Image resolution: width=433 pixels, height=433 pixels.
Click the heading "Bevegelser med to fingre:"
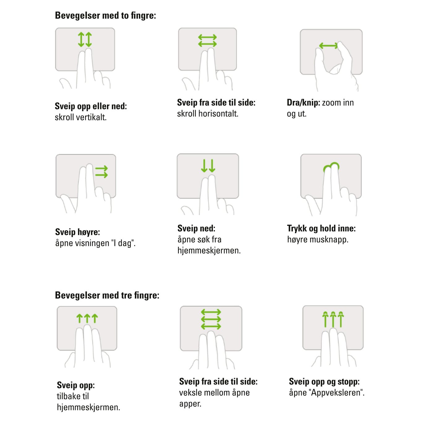(105, 16)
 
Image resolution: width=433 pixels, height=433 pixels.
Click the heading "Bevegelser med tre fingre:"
(107, 295)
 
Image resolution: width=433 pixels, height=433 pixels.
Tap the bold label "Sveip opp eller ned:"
(91, 106)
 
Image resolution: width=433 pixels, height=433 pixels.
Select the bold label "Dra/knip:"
(303, 103)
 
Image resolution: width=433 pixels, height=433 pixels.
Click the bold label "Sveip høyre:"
(78, 232)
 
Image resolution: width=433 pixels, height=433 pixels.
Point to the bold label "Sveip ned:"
(196, 228)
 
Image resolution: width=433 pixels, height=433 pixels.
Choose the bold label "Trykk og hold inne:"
(321, 228)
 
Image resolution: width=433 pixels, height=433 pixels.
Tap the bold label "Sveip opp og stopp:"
(324, 382)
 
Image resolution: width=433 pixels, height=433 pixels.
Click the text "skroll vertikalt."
(81, 117)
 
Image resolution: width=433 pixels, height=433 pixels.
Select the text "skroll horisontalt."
(208, 114)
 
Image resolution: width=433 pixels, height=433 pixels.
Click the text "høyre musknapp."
(318, 239)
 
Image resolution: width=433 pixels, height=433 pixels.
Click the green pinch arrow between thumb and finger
(328, 46)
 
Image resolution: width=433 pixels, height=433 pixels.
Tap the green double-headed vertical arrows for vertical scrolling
(85, 40)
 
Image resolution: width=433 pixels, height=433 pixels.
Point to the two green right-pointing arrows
(101, 172)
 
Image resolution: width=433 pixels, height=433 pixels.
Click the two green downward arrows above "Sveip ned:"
(208, 165)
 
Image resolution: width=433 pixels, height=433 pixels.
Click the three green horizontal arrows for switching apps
(211, 319)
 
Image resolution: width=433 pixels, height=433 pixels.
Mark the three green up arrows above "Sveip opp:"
(87, 318)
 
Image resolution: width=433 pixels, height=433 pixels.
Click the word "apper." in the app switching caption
(190, 404)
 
